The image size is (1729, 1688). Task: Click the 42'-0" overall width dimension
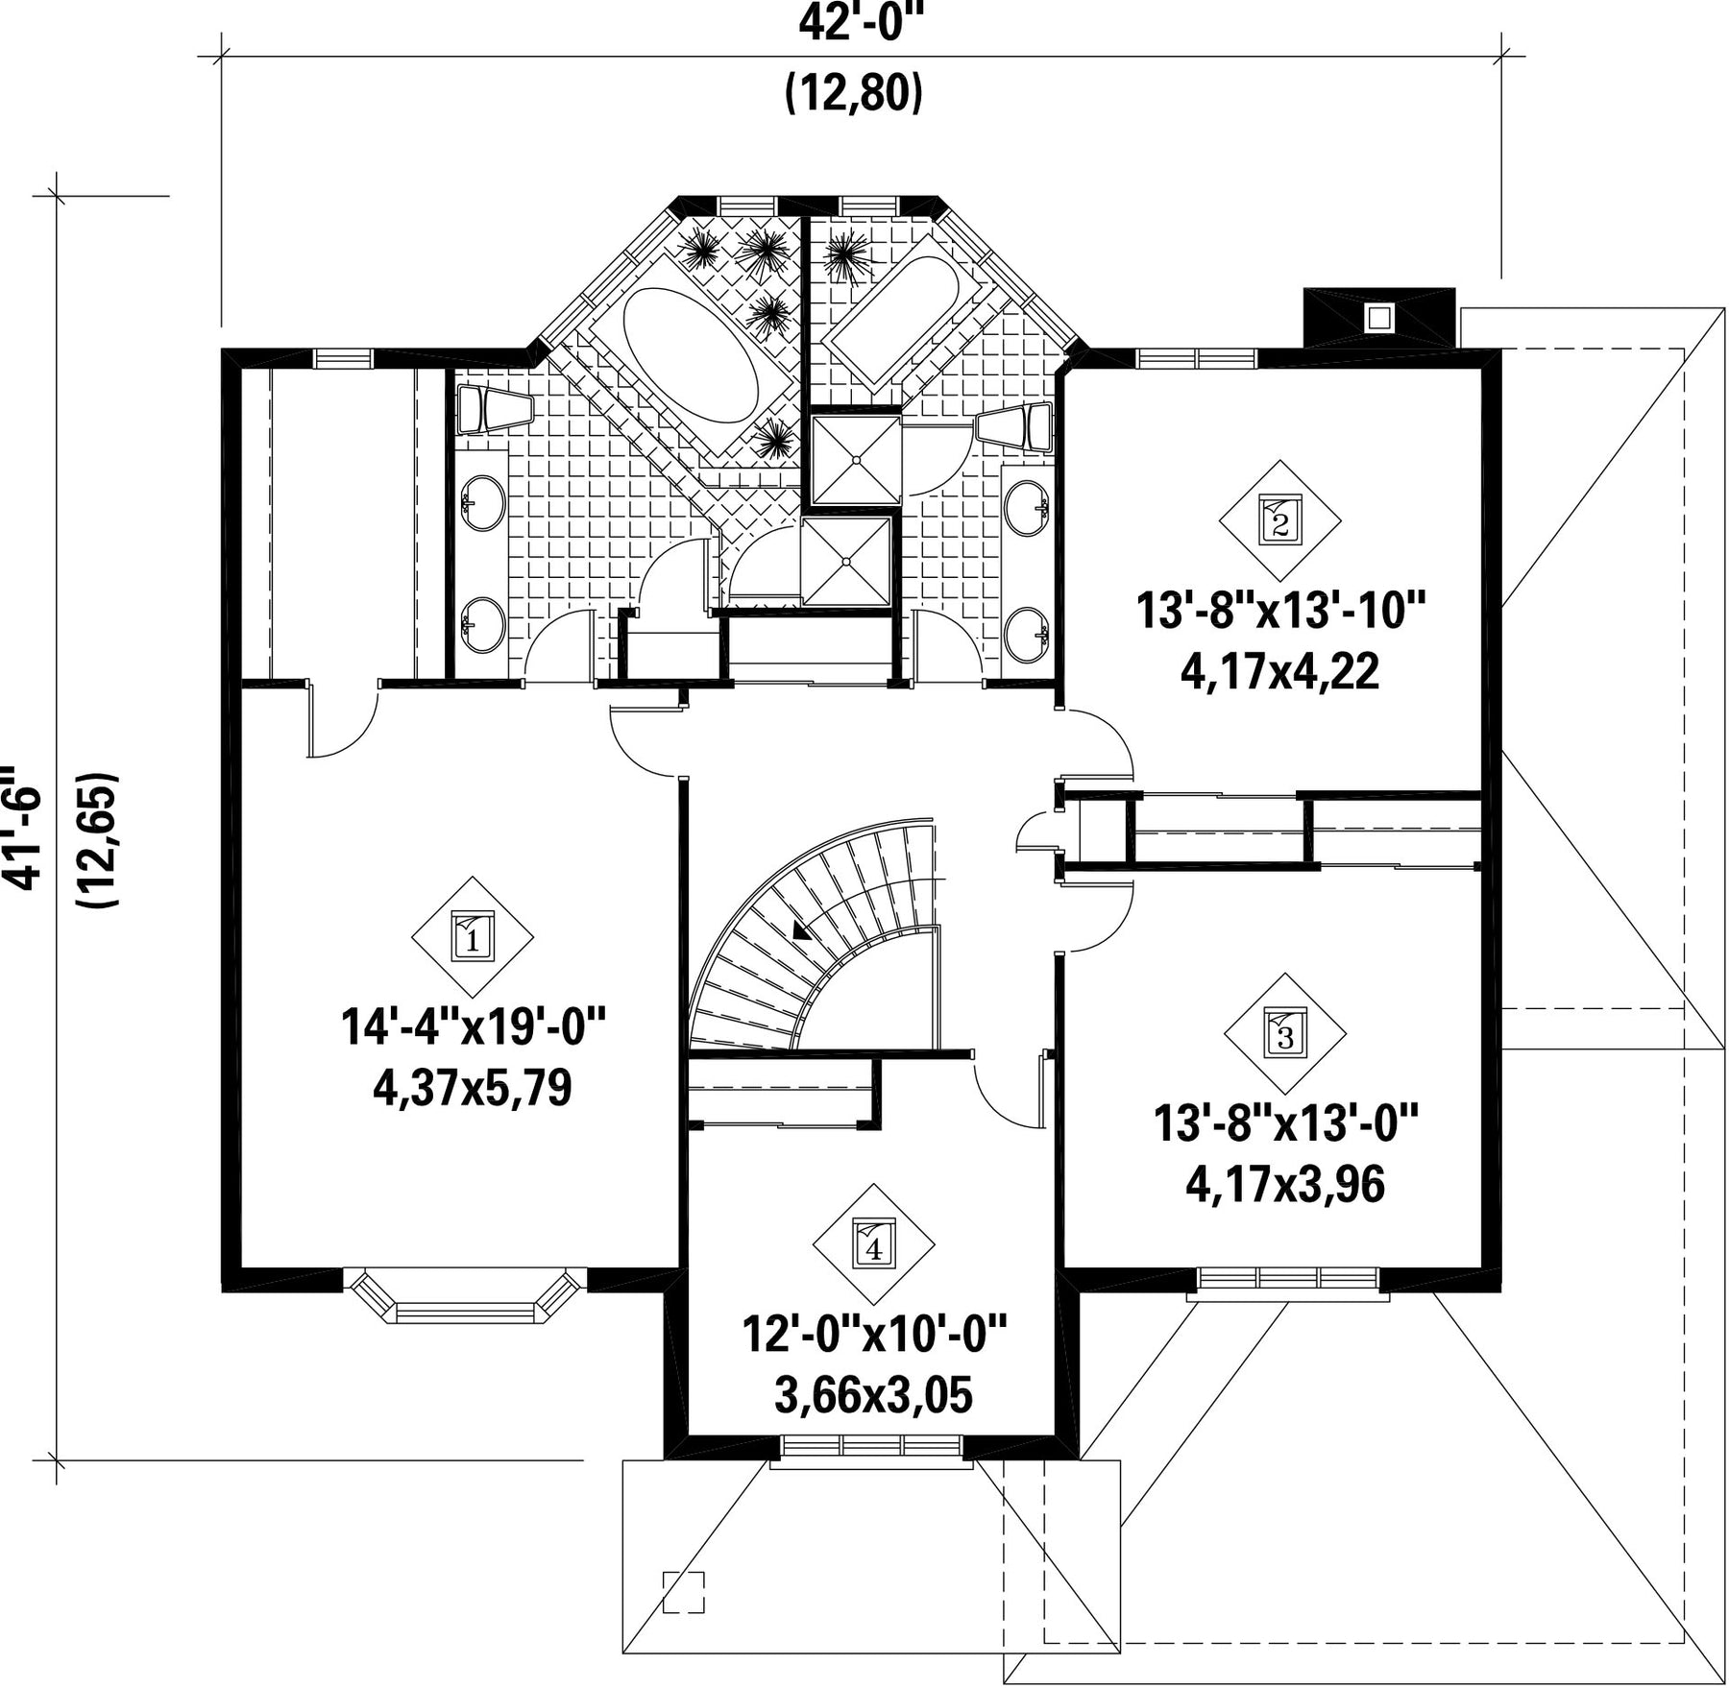tap(854, 23)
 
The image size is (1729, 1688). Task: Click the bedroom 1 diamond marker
tap(472, 936)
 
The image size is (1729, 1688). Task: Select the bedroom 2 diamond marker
tap(1280, 519)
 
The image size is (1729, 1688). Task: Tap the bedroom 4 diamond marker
tap(874, 1242)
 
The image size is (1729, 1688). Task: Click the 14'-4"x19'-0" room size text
tap(474, 1026)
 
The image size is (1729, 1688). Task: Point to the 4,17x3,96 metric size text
tap(1285, 1185)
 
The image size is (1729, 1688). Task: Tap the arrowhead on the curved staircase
tap(799, 928)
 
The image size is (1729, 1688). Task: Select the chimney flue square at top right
tap(1379, 318)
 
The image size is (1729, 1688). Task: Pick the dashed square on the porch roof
tap(684, 1592)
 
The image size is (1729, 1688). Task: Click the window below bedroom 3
tap(1288, 1283)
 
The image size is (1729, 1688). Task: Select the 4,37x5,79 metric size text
tap(472, 1088)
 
